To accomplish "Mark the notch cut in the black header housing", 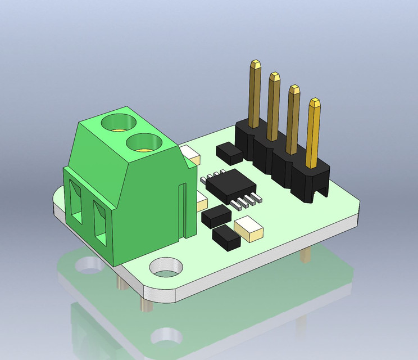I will (x=321, y=192).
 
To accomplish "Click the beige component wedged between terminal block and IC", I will (x=202, y=199).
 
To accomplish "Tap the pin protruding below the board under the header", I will (x=305, y=255).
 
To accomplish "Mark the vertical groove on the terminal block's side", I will (x=181, y=211).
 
